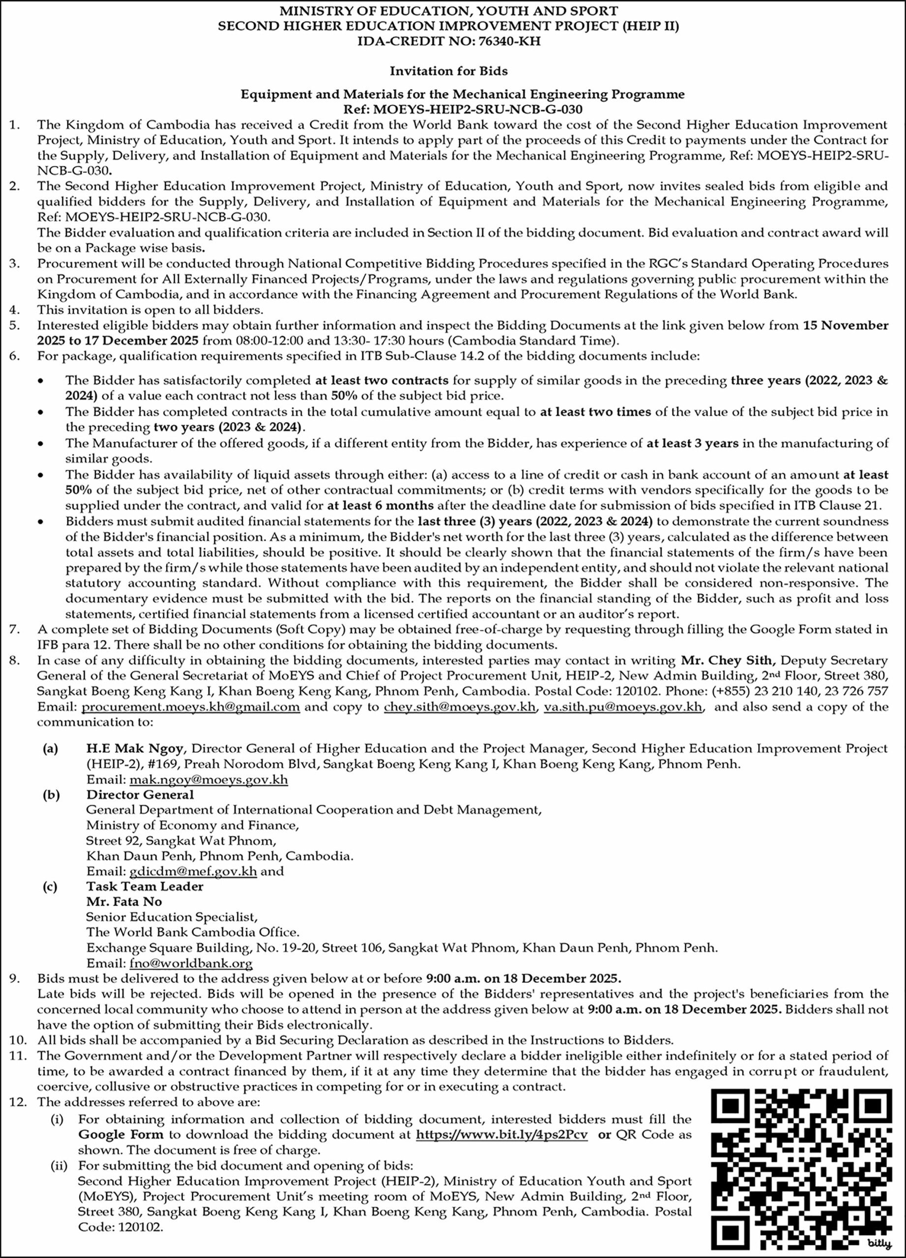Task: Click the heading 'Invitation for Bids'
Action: (448, 71)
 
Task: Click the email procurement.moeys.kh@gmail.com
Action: (191, 707)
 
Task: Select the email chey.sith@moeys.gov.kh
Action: (460, 707)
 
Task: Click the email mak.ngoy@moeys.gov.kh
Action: (208, 780)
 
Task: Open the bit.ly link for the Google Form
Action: (501, 1134)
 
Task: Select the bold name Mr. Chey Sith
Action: (726, 660)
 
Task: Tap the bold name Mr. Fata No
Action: (124, 901)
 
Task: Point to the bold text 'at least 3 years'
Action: (692, 443)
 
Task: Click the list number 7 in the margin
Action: (14, 629)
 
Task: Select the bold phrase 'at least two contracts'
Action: (381, 380)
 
